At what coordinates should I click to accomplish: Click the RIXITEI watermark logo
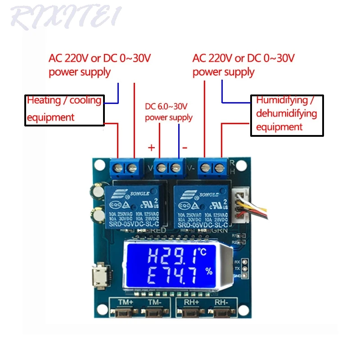[x=66, y=17]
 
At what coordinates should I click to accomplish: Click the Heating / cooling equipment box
[x=64, y=109]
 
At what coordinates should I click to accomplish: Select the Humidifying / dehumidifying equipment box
[x=287, y=114]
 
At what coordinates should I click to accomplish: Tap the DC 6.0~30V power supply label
[x=168, y=112]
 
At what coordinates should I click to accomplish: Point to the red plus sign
[x=152, y=147]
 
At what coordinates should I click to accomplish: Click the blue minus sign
[x=184, y=147]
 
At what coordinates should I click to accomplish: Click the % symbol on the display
[x=208, y=271]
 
